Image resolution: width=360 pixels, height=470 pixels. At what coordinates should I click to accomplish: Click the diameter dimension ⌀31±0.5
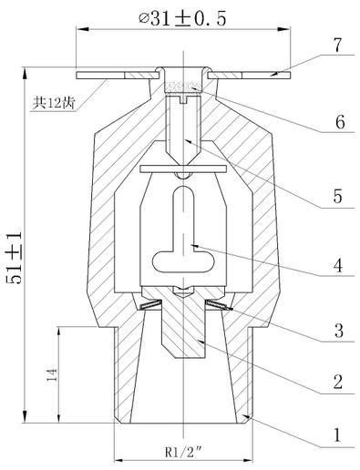click(182, 19)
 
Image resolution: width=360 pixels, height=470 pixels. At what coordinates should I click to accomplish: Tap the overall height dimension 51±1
click(15, 258)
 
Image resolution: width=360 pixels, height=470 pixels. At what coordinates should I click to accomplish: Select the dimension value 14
click(52, 374)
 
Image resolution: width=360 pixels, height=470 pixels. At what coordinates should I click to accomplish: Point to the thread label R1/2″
click(184, 453)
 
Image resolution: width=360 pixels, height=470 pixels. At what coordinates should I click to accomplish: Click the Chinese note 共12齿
click(54, 103)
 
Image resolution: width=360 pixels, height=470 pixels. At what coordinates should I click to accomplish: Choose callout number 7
click(337, 45)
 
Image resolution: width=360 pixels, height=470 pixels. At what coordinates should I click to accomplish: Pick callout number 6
click(340, 122)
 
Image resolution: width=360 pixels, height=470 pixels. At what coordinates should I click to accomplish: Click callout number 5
click(338, 196)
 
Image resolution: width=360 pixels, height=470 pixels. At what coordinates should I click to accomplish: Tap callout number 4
click(338, 265)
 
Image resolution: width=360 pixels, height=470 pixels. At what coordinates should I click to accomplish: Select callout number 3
click(339, 331)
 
